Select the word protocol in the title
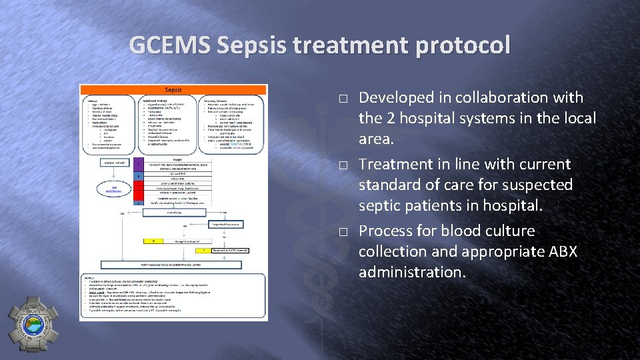click(x=461, y=45)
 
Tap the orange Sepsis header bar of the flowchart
click(x=173, y=89)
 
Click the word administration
click(x=411, y=272)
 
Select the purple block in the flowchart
click(x=138, y=164)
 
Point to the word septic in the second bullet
click(x=380, y=205)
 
